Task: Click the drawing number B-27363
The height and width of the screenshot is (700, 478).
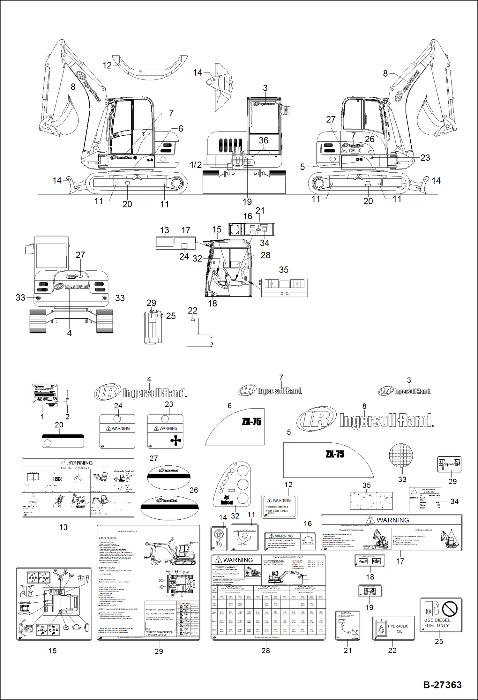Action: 442,685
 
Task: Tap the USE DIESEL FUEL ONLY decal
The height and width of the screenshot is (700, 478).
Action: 441,614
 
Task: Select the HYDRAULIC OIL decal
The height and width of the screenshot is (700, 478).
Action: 393,628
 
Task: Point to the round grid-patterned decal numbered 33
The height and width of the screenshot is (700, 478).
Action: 401,455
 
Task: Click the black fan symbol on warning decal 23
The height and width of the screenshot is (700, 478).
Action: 176,441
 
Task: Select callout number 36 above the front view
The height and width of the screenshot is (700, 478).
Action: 263,140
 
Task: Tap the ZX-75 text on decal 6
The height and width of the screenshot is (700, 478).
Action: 251,422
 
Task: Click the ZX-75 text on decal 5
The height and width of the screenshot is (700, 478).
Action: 335,454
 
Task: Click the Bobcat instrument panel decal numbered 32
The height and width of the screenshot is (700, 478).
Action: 232,484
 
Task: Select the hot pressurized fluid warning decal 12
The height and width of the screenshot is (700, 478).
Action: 279,506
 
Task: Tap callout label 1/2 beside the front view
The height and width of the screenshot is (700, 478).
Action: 196,165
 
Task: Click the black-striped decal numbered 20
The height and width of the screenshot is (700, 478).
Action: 63,441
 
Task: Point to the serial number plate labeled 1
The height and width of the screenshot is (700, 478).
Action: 44,395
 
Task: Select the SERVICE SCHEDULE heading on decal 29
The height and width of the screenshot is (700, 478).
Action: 128,531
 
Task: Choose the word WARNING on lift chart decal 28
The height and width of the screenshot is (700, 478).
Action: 238,560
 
